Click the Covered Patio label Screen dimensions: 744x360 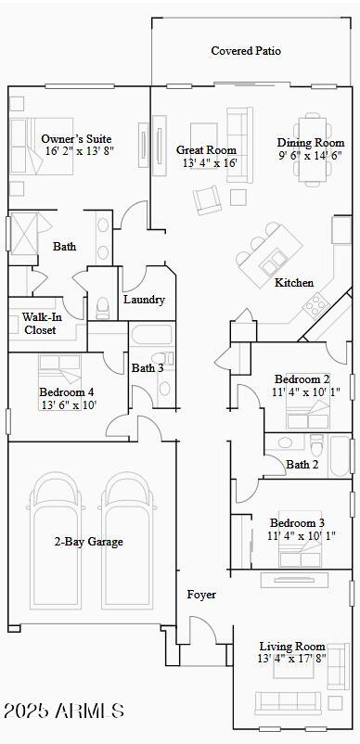pos(245,51)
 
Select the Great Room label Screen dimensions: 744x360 pos(206,150)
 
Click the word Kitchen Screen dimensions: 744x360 pos(293,282)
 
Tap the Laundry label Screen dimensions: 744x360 pos(144,300)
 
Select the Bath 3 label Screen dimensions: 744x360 pos(148,368)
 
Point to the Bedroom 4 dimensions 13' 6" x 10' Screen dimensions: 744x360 pos(67,404)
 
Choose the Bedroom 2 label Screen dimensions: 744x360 pos(302,378)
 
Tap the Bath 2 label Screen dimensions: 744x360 pos(302,464)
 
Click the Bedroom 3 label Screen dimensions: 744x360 pos(297,523)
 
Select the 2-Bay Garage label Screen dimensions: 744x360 pos(88,542)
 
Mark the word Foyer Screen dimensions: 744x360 pos(201,594)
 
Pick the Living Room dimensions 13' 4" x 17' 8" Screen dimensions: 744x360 pos(291,659)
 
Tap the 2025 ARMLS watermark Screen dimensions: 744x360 pos(63,712)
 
